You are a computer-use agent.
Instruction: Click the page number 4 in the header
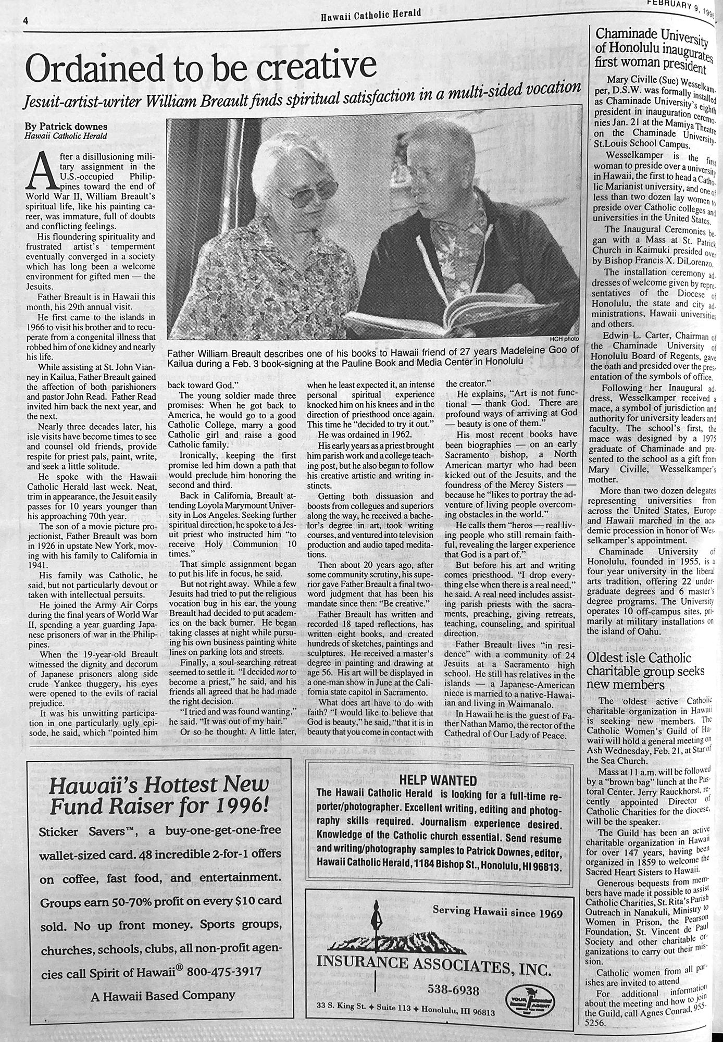(24, 21)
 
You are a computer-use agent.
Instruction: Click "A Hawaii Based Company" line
(163, 995)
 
